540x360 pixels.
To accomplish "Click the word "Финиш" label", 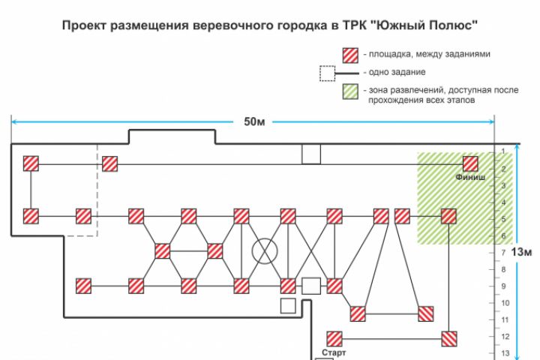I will pyautogui.click(x=470, y=178).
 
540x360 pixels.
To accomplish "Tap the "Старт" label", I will pyautogui.click(x=334, y=351).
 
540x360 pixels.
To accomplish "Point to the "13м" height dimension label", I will pyautogui.click(x=523, y=252).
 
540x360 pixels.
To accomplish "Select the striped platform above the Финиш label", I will pyautogui.click(x=470, y=163).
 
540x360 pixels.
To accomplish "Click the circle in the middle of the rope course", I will pyautogui.click(x=264, y=250).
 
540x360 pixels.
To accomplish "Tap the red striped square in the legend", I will pyautogui.click(x=349, y=55).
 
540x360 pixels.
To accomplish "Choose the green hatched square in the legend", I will pyautogui.click(x=349, y=91).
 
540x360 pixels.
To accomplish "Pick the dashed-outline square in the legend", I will pyautogui.click(x=327, y=73).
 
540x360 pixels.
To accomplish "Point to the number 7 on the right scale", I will pyautogui.click(x=503, y=253).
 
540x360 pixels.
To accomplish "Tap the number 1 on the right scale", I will pyautogui.click(x=503, y=152).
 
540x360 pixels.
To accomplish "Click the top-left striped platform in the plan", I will pyautogui.click(x=31, y=163).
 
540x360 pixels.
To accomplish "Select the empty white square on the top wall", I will pyautogui.click(x=310, y=154).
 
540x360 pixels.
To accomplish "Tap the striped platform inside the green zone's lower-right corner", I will pyautogui.click(x=448, y=216).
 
